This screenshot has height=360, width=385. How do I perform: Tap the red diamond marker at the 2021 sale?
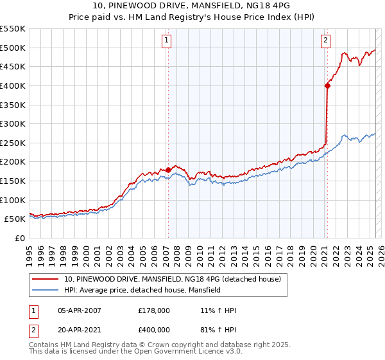[x=327, y=85]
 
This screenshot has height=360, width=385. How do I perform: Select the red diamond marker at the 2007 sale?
[x=168, y=170]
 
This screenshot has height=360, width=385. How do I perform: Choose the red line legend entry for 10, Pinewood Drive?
[x=173, y=279]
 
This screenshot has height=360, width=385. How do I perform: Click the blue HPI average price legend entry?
[x=142, y=290]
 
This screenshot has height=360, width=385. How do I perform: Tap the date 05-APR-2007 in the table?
[x=80, y=310]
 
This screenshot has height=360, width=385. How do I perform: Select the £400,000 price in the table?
[x=154, y=329]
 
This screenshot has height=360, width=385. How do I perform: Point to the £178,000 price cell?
[x=154, y=310]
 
